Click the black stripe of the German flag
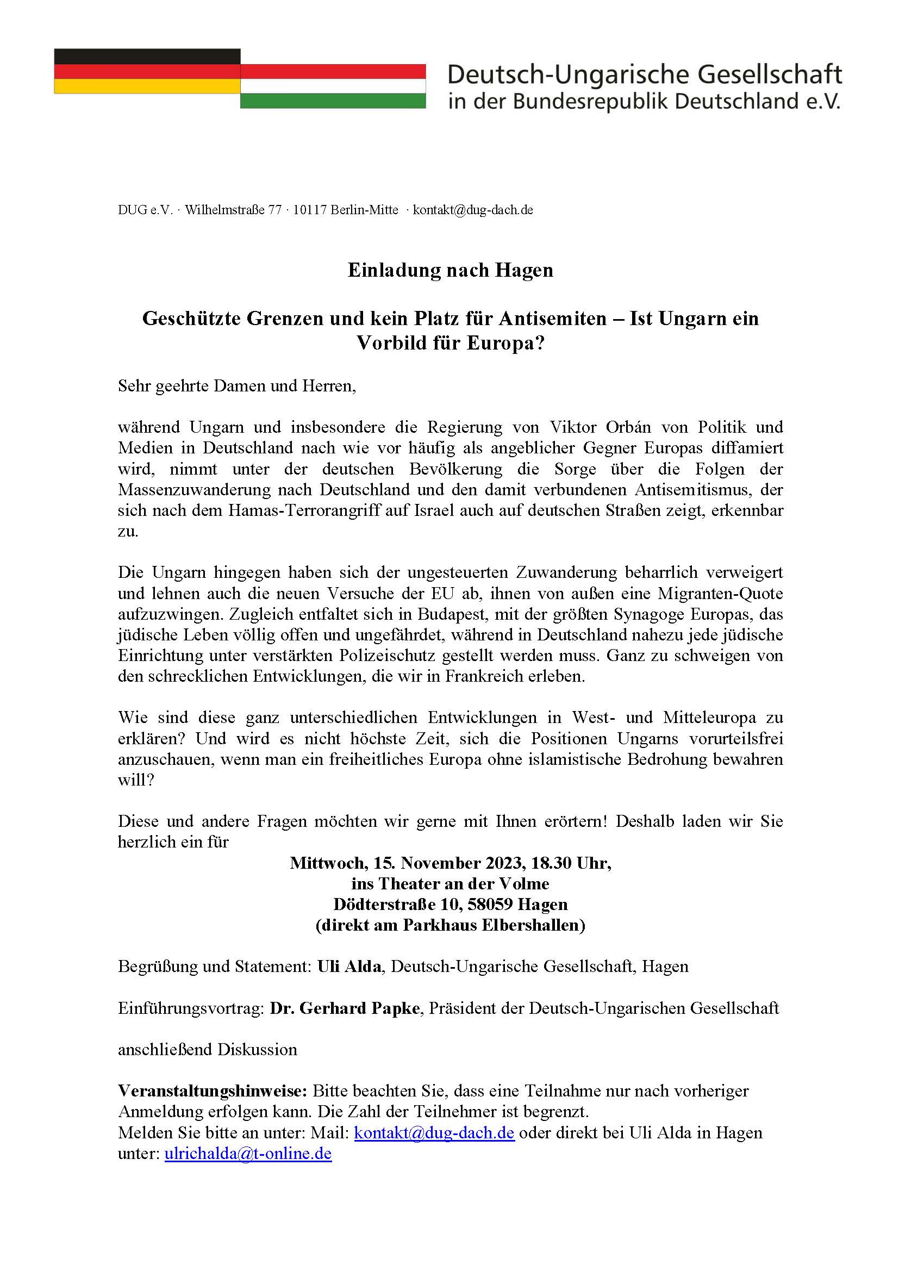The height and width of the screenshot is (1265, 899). point(147,57)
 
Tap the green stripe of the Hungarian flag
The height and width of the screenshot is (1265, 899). point(333,101)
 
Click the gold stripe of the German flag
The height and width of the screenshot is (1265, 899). point(147,86)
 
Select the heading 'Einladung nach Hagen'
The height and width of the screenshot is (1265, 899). point(450,270)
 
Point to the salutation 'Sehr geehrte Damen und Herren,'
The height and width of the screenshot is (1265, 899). point(236,385)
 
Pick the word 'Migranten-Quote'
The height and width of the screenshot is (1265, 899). point(720,594)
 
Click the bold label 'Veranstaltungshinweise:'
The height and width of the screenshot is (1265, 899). point(212,1091)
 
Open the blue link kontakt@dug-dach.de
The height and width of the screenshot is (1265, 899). point(434,1133)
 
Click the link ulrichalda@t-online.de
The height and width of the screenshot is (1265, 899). point(248,1154)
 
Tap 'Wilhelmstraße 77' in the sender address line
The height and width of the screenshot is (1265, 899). point(233,210)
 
